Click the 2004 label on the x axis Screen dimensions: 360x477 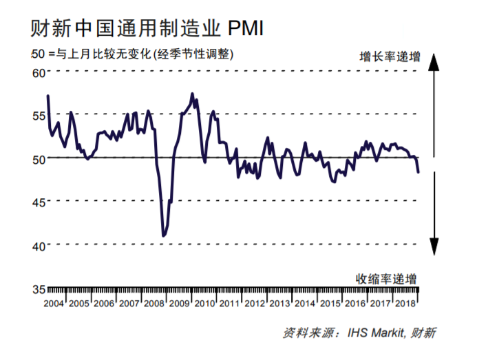[54, 304]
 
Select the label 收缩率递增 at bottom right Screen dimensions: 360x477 [386, 279]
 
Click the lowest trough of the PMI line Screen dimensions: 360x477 [163, 236]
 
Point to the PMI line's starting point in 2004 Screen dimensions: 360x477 [47, 95]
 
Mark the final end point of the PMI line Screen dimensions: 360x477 [418, 171]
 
